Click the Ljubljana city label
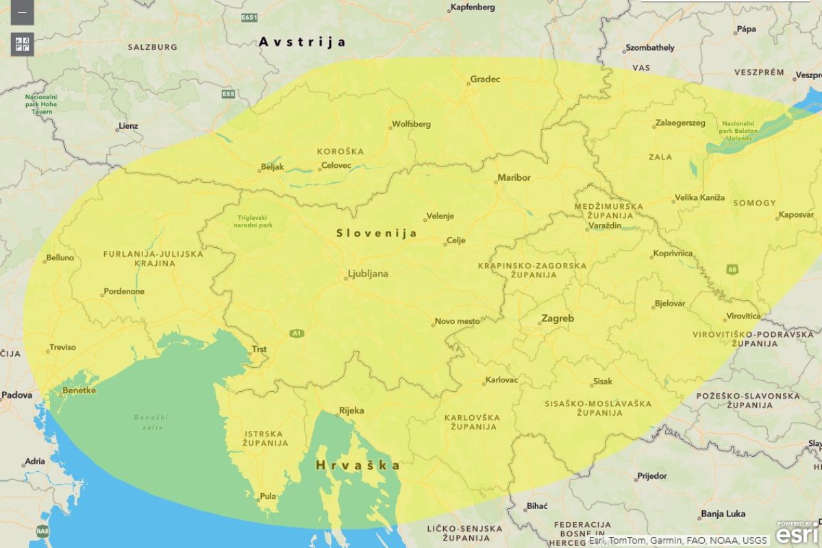point(368,274)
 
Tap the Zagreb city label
point(558,319)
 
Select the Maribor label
point(514,177)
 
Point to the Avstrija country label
point(302,42)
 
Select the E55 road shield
point(228,93)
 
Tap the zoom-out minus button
point(23,13)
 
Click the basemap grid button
point(23,45)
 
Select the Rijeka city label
point(351,411)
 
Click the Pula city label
point(268,497)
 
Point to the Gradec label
point(485,79)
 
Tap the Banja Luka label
point(723,514)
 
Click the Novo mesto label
point(457,321)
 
